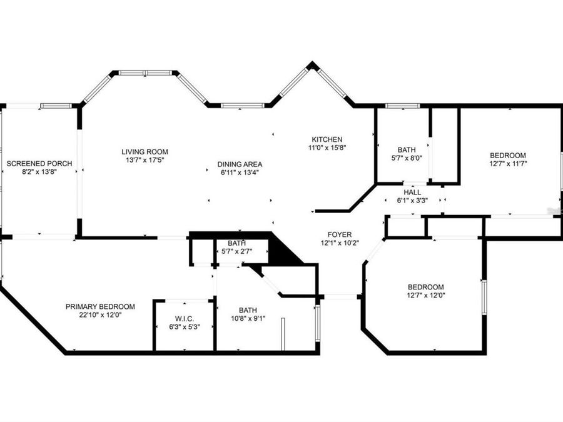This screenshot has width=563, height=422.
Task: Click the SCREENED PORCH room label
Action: point(39,163)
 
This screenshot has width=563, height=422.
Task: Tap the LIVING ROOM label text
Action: point(145,151)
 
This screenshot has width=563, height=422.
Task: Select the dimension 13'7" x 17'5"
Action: point(145,160)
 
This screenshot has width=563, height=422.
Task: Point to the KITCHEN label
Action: point(328,139)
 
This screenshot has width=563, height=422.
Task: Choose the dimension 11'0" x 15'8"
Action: point(328,148)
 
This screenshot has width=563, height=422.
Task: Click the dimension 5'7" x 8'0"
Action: point(406,158)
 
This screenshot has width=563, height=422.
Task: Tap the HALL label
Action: point(412,192)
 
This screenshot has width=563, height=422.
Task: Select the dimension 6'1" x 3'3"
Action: point(412,201)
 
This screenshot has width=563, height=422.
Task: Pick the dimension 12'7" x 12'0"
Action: point(425,295)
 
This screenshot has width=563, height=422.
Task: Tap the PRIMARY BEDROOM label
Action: point(100,306)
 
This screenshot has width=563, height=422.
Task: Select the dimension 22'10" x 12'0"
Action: point(100,315)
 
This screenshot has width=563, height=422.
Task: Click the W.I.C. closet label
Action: point(185,318)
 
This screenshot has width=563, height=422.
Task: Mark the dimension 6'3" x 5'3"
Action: point(185,327)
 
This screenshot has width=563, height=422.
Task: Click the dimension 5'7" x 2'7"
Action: point(236,251)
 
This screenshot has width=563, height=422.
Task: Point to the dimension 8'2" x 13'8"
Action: point(39,172)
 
